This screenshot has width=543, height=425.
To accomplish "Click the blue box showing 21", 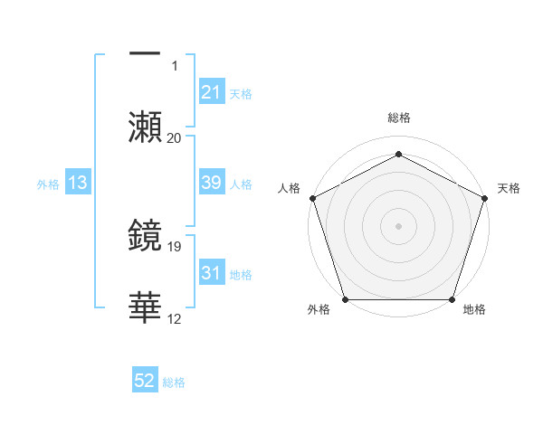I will (211, 92).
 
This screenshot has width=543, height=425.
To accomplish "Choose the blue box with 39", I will (211, 183).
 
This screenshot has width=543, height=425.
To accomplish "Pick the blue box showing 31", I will (211, 273).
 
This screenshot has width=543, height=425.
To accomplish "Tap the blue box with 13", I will (78, 183).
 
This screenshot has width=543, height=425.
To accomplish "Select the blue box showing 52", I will (145, 382).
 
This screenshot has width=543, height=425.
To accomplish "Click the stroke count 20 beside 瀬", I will (175, 138).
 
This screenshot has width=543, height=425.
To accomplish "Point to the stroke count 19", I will (175, 246).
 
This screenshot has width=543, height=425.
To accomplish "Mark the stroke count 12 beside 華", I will (175, 318).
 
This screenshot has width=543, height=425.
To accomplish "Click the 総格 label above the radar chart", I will (398, 118).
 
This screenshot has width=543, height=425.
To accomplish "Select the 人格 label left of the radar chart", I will (289, 188).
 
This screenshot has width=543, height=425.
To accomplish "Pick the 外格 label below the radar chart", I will (319, 310).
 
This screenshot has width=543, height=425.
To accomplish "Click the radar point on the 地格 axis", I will (452, 299).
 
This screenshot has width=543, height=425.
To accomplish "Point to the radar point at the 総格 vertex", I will (398, 154).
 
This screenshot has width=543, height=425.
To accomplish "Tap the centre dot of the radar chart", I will (398, 225).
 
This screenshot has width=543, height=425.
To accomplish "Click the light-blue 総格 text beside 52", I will (174, 382).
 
